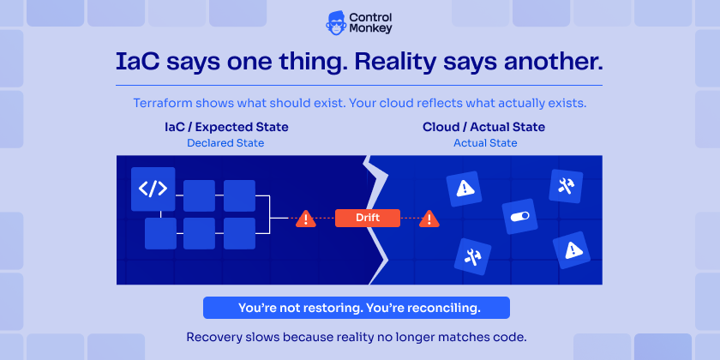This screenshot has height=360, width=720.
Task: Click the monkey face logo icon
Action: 337,22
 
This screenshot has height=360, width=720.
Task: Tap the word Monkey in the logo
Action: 373,29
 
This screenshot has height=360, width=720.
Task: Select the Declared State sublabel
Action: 225,143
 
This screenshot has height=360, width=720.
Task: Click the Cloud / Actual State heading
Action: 483,127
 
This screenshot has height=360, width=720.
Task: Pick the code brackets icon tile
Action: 153,189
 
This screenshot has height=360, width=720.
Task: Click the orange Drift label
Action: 368,219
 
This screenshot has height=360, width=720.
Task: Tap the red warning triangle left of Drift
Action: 305,219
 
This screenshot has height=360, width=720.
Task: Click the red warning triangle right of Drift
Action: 429,219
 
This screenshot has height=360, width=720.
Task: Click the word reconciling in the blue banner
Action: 441,307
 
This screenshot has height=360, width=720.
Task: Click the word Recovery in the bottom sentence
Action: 211,336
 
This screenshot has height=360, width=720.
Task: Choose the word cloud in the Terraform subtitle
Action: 406,103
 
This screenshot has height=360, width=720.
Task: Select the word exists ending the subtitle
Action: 568,103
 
